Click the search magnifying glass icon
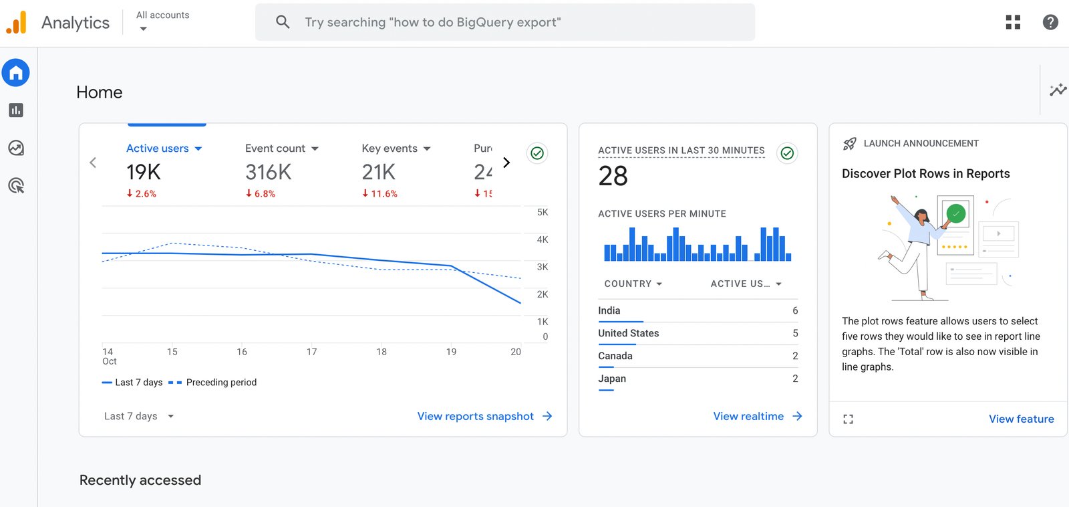coord(283,22)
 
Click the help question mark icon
coord(1050,22)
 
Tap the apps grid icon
coord(1013,22)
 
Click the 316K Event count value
coord(268,173)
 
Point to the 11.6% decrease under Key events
coord(379,194)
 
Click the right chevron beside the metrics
coord(506,163)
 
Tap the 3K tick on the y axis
coord(543,267)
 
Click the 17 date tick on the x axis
coord(311,352)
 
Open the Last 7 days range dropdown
coord(139,416)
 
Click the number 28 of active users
coord(613,177)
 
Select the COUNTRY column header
coord(633,284)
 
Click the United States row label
coord(628,333)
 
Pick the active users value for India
coord(795,310)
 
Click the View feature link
coord(1021,419)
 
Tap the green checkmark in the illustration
coord(956,214)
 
